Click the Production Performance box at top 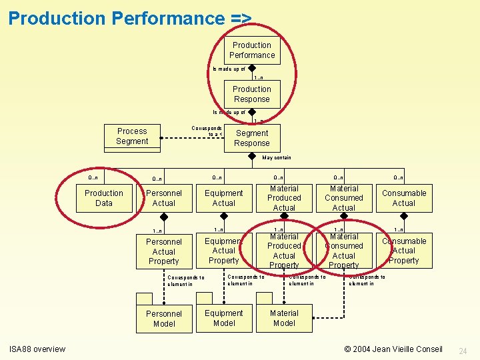click(x=252, y=50)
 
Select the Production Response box click(x=252, y=94)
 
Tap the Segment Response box click(x=252, y=138)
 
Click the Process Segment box click(x=132, y=136)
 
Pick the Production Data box click(x=104, y=198)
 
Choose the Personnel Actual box click(x=163, y=198)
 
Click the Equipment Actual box click(x=224, y=198)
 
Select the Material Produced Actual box click(x=284, y=198)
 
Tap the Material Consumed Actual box click(x=344, y=198)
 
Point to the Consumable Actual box click(x=404, y=198)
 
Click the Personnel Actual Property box click(x=164, y=251)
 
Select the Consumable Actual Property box click(x=404, y=251)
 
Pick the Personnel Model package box click(x=164, y=319)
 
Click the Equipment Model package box click(x=224, y=318)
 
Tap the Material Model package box click(x=284, y=318)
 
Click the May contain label click(x=277, y=158)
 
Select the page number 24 click(x=464, y=351)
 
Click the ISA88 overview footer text click(x=37, y=349)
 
